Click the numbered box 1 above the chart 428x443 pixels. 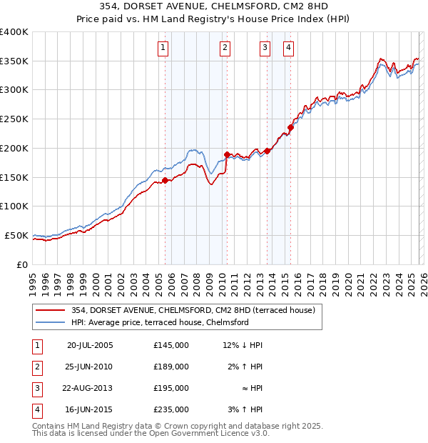[x=163, y=48]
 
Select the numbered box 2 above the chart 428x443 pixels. [x=225, y=48]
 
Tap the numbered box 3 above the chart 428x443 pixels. [x=265, y=48]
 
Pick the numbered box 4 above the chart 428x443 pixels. [x=288, y=48]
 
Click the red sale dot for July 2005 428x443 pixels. [x=165, y=180]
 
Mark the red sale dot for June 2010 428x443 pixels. [x=227, y=154]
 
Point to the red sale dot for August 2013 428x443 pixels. [x=267, y=151]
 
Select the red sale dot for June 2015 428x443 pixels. [x=290, y=128]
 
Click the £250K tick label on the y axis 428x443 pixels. [x=14, y=119]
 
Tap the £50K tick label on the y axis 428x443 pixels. [x=17, y=235]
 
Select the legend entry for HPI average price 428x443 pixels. [x=159, y=322]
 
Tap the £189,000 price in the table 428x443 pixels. [x=171, y=367]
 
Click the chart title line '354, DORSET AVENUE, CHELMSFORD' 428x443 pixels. [x=214, y=7]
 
